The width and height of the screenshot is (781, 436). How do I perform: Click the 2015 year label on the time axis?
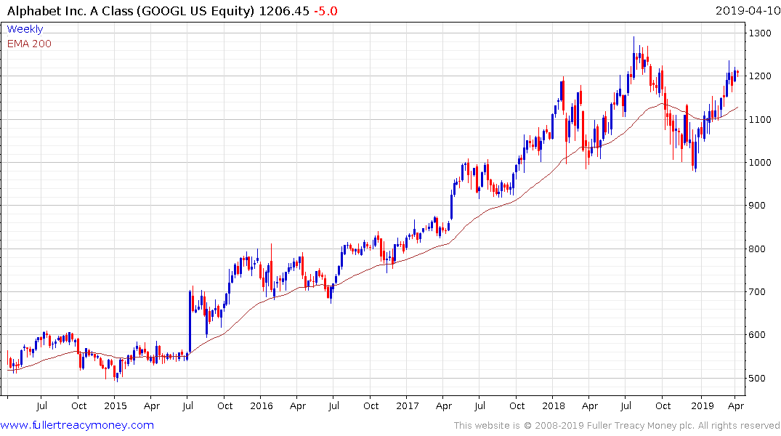116,405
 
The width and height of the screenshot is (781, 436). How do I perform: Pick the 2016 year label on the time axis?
262,405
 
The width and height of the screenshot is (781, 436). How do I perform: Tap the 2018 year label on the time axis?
554,405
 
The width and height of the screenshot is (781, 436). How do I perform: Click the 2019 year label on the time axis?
702,405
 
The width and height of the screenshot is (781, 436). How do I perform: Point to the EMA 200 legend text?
29,44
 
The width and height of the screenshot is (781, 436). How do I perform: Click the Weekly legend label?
25,29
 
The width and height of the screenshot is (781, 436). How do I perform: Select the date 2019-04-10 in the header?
746,10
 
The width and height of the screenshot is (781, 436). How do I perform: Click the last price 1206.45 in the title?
288,10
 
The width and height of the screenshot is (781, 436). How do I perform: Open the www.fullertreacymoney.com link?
77,425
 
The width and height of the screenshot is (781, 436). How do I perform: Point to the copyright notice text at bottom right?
617,426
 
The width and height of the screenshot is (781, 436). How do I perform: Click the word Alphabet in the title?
33,10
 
